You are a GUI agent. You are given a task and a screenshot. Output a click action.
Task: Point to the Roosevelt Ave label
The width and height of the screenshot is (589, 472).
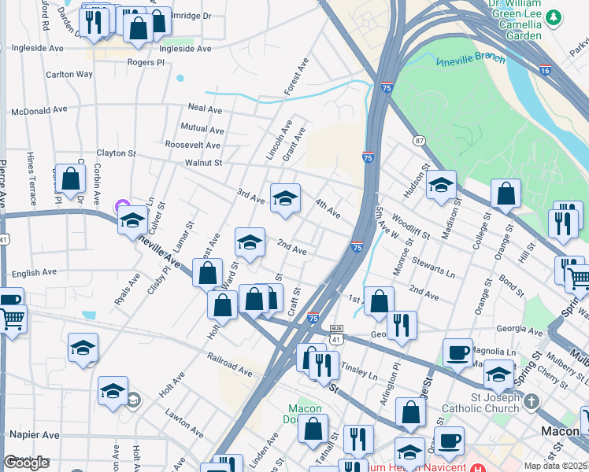coord(192,145)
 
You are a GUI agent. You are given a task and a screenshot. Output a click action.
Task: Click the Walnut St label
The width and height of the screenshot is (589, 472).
coord(204,163)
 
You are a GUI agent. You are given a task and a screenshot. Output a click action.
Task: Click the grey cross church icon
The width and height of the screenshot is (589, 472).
coord(532,401)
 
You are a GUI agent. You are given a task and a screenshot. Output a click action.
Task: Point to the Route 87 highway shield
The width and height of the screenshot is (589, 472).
coord(419,140)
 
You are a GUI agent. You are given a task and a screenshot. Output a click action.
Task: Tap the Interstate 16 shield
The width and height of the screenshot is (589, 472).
coord(545,70)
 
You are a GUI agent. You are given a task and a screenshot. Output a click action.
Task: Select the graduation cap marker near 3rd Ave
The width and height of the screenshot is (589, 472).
coord(285,197)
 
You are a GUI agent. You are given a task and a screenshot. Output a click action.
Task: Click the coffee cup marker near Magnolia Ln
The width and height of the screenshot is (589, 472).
coord(457,352)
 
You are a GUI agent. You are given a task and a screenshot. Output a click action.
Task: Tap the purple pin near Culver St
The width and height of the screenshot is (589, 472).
coord(122,207)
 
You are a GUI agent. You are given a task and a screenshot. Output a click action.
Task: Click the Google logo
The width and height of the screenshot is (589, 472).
coord(26,462)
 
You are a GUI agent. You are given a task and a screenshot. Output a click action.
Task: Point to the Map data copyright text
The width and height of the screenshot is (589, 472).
coord(555,466)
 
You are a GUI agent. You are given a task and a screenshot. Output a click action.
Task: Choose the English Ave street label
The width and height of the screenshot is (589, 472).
coord(35,273)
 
